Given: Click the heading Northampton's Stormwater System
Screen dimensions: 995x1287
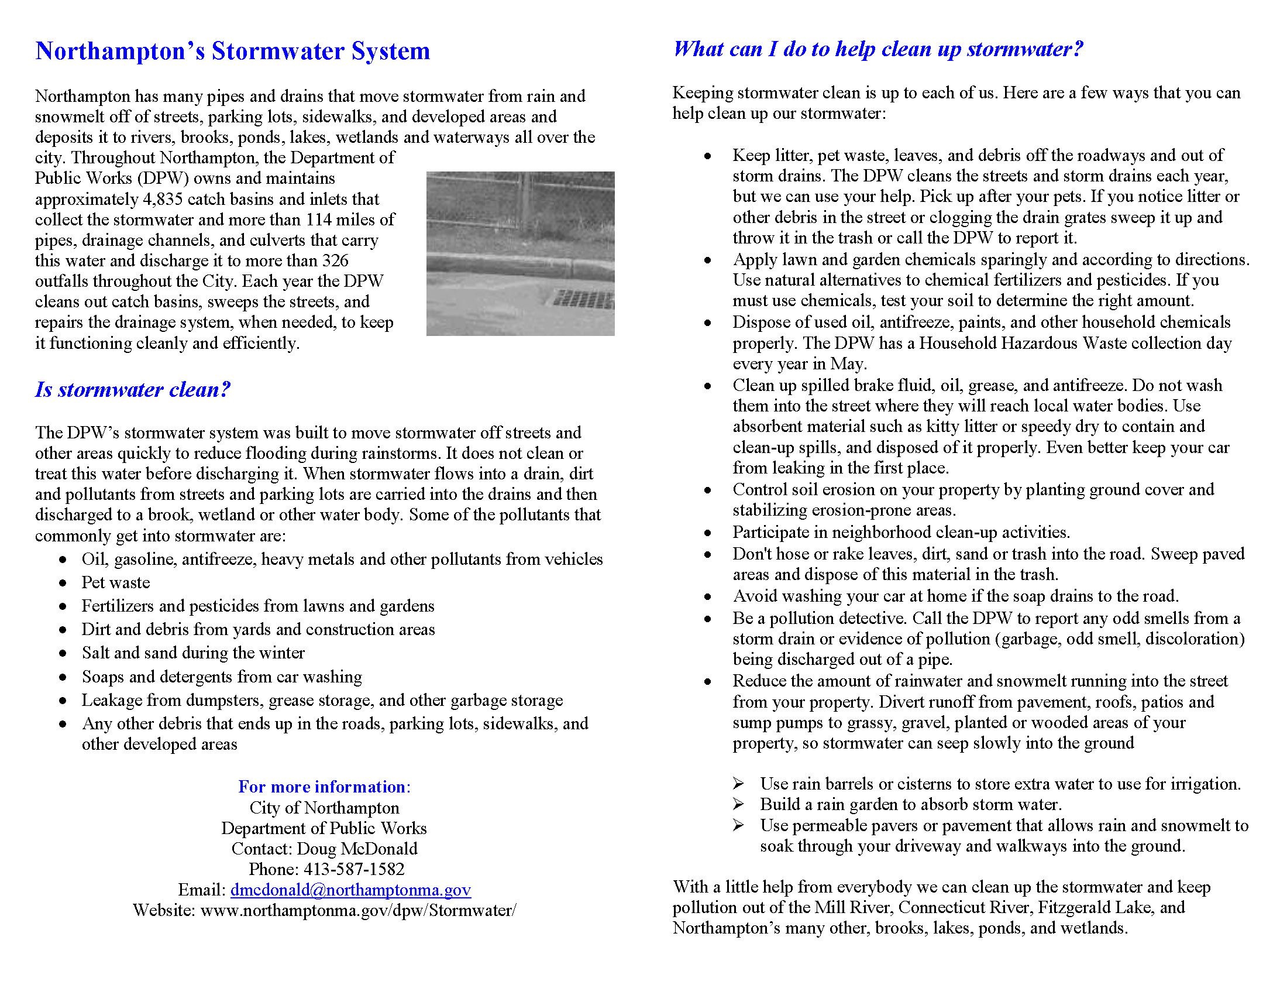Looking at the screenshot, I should (x=232, y=52).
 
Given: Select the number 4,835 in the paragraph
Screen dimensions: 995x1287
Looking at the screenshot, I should (x=164, y=199).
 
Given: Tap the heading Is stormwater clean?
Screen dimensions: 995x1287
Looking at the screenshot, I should (x=133, y=390).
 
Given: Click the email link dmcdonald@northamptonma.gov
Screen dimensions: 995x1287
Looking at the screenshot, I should (x=350, y=890).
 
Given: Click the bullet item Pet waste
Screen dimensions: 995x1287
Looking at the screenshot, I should (x=115, y=582).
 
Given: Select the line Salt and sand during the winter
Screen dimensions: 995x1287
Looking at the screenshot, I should (x=192, y=653).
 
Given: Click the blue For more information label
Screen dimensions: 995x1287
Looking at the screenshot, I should (x=324, y=786).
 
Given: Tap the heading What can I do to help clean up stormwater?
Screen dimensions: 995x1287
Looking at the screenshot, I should (x=878, y=49).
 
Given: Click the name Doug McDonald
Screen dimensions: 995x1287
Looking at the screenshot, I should (x=357, y=848).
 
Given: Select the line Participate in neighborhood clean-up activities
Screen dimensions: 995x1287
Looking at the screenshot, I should (x=901, y=532).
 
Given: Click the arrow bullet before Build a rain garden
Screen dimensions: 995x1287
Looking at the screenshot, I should (x=738, y=804).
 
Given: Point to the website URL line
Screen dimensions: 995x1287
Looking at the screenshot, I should (x=324, y=910).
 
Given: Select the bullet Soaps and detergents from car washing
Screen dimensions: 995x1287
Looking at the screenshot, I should (x=222, y=677).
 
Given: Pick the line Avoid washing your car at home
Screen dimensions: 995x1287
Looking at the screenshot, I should (x=955, y=596).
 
